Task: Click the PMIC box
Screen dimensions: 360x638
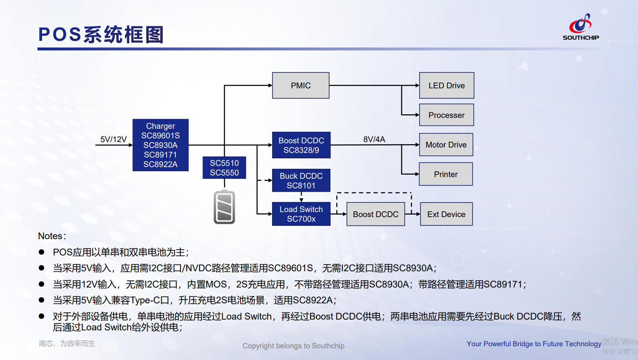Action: pos(300,85)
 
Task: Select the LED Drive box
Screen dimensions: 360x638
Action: pos(446,85)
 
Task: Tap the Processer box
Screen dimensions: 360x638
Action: pos(446,115)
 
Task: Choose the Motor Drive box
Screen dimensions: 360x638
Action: pos(446,145)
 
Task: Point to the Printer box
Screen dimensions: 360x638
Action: pos(446,174)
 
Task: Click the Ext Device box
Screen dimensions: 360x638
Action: pos(446,214)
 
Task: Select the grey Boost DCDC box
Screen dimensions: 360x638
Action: pos(375,214)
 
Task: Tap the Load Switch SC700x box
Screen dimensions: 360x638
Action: pos(301,214)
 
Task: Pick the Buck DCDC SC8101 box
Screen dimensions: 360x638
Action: pos(301,180)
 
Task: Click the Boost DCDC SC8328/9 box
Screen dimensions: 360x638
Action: pos(301,145)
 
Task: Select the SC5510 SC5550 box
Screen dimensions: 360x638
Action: pos(224,167)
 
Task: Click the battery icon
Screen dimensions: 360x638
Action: pos(224,207)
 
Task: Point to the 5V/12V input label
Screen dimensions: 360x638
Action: pos(113,139)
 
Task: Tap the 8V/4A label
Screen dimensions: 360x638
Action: pos(374,139)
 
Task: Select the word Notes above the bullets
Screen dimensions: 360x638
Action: pos(50,236)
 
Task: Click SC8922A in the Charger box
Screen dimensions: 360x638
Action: pos(160,165)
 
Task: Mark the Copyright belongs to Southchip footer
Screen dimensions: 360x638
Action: pos(293,346)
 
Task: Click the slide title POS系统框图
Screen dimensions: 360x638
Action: pos(101,35)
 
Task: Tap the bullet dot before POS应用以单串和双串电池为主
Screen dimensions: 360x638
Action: pos(41,252)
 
